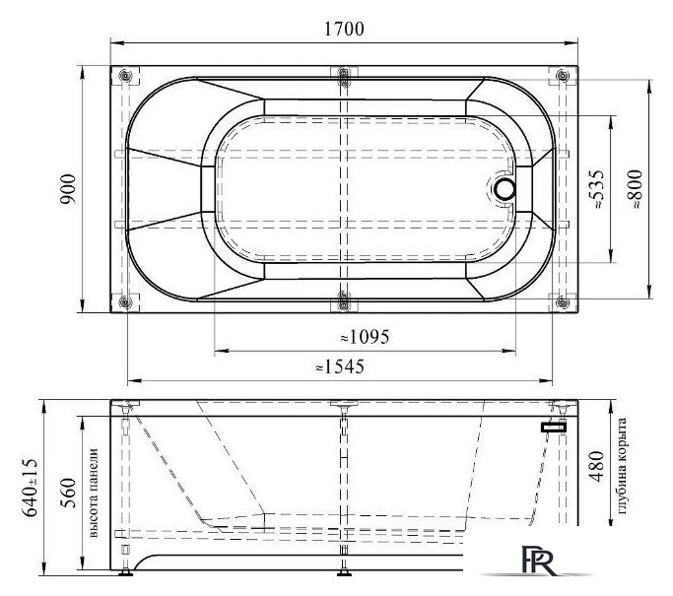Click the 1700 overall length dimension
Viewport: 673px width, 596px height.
344,29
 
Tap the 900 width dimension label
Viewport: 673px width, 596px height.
68,189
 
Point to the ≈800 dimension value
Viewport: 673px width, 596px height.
636,189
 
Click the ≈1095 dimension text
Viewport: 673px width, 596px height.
365,337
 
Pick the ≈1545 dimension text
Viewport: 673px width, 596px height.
340,366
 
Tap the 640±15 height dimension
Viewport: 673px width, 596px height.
30,488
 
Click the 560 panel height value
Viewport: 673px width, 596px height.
68,493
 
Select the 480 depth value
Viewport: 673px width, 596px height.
597,466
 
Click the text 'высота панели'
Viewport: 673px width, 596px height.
94,493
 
